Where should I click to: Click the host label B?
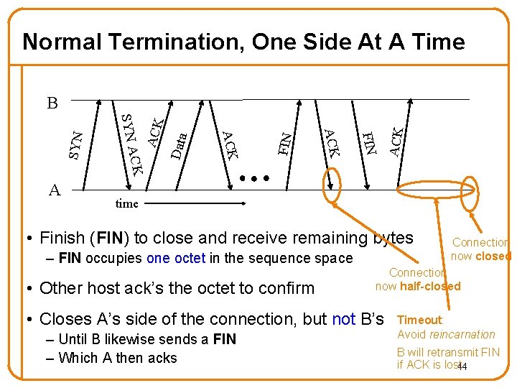tap(52, 103)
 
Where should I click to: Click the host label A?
tap(55, 190)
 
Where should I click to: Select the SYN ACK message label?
tap(130, 144)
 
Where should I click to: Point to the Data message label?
tap(180, 144)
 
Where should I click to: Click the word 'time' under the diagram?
tap(126, 203)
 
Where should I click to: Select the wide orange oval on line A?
tap(437, 190)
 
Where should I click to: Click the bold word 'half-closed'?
tap(430, 287)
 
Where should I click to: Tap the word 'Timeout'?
tap(421, 320)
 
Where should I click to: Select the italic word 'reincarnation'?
tap(464, 334)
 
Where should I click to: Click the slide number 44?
tap(462, 367)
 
